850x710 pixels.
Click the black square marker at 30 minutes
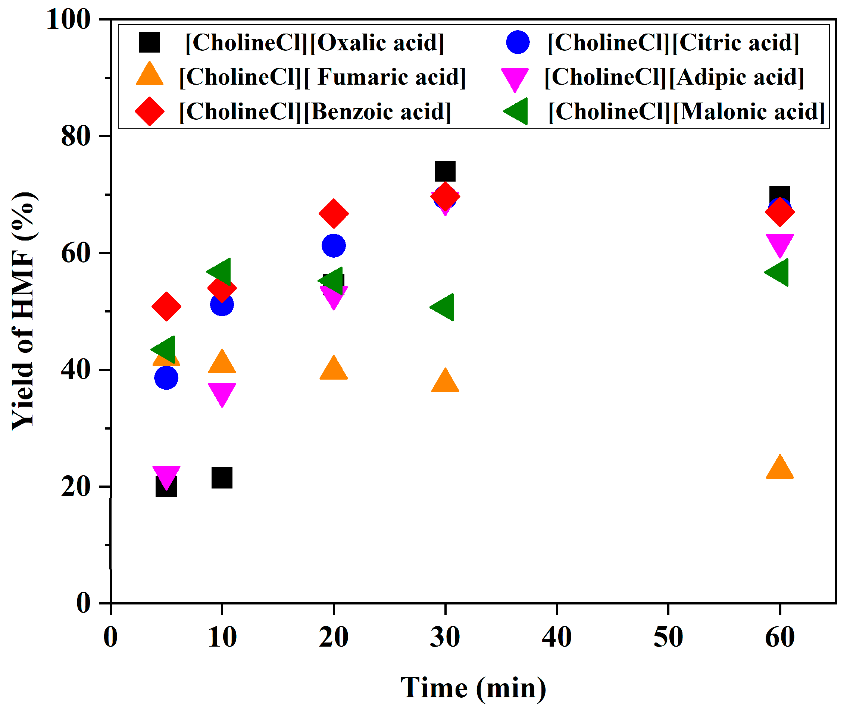445,171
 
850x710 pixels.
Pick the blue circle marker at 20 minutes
334,246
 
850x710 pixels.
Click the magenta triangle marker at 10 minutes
222,393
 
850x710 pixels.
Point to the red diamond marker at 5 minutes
166,307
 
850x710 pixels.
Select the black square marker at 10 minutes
222,478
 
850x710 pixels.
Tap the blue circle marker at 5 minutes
166,377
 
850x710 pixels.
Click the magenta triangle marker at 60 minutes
779,244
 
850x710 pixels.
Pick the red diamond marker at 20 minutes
334,213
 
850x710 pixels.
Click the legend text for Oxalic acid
315,43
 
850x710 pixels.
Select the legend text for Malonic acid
686,111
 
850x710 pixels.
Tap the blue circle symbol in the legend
518,42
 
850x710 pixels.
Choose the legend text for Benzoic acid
315,111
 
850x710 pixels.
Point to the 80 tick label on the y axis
75,136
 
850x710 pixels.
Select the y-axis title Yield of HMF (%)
23,311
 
